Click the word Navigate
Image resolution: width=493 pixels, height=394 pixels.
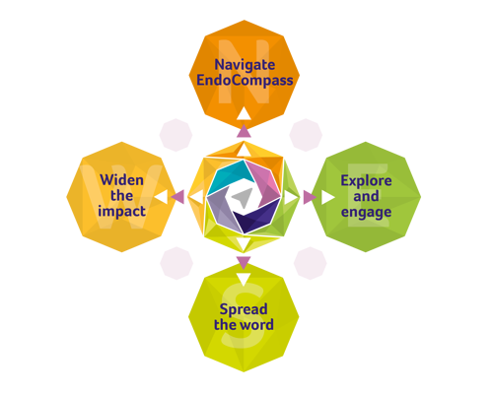coord(245,65)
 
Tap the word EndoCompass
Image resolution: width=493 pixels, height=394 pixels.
coord(245,81)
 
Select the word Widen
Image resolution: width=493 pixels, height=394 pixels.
coord(121,180)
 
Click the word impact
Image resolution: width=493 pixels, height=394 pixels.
coord(121,212)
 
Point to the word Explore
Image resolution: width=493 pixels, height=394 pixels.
coord(366,181)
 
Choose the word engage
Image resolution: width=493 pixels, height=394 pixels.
coord(366,213)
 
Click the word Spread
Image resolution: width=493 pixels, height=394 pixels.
coord(244,309)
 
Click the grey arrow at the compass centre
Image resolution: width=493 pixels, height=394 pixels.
coord(243,198)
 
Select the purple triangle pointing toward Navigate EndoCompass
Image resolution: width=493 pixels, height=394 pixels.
coord(244,131)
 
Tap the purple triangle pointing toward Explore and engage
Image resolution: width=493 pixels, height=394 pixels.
coord(309,197)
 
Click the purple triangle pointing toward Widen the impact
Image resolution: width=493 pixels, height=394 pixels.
coord(178,197)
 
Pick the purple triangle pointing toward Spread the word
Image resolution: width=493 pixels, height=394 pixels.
coord(244,262)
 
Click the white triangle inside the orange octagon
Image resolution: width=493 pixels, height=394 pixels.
coord(244,113)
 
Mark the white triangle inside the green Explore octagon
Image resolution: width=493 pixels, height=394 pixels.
coord(327,197)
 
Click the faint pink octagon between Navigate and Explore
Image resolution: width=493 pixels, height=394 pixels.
coord(306,135)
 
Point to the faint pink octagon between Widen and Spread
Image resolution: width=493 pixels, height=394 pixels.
coord(176,263)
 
